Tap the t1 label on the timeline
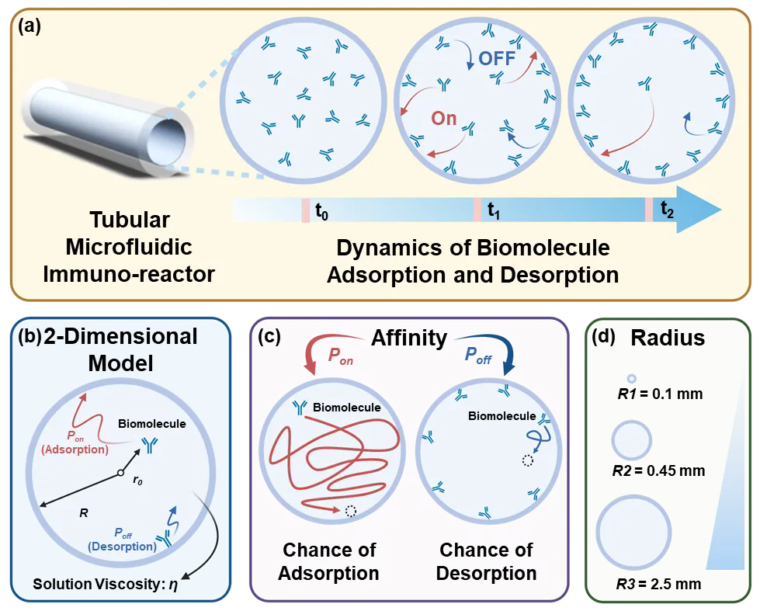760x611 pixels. pos(493,210)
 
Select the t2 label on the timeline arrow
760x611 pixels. pos(667,208)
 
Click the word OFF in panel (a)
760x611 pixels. pos(497,58)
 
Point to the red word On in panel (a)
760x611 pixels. pos(443,119)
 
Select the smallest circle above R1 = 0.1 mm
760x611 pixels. pos(631,377)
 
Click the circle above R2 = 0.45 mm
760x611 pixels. pos(631,441)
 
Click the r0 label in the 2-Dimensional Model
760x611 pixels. pos(137,481)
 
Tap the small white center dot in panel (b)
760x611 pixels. pos(120,473)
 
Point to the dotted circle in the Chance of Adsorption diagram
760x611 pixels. pos(350,511)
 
